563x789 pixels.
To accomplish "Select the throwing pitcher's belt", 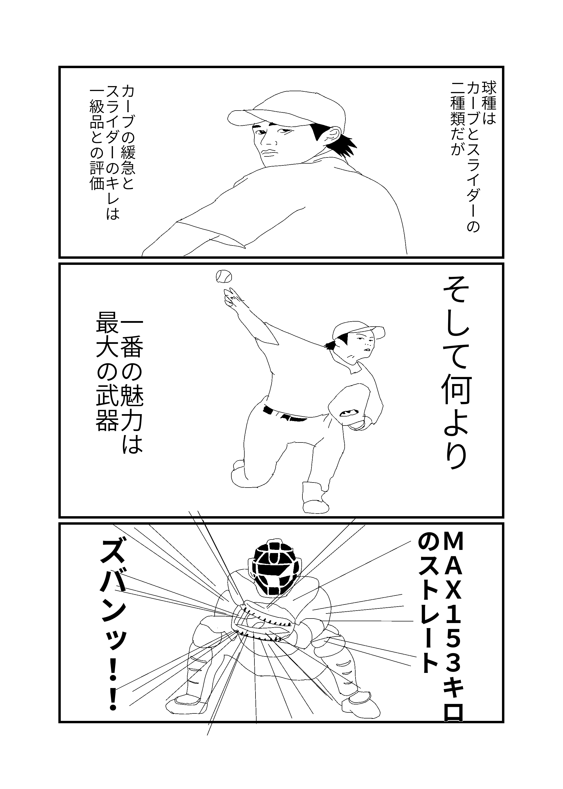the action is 284,414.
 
